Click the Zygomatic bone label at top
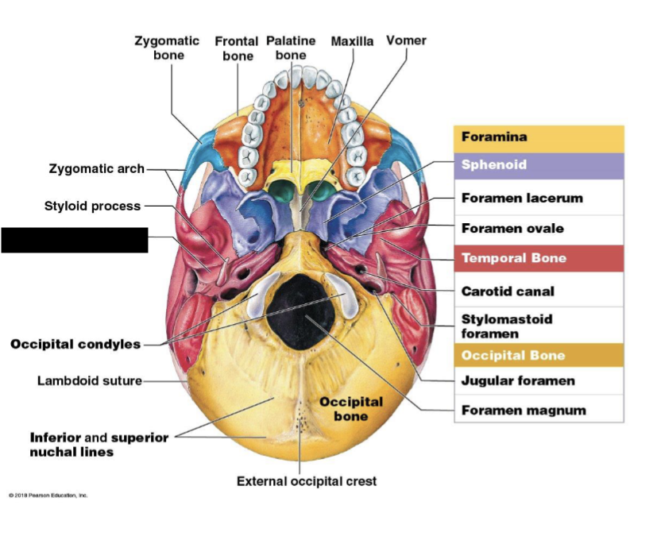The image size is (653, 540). tap(167, 48)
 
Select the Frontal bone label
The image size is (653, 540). tap(237, 48)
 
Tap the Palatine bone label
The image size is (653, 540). tap(291, 48)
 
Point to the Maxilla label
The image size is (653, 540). tap(352, 41)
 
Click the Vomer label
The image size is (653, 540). tap(406, 40)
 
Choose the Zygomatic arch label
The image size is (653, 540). tap(97, 168)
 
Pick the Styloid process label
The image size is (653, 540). tap(92, 206)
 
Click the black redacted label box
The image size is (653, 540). tap(75, 240)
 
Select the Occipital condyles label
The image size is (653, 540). tap(75, 344)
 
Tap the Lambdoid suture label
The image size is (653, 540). tap(90, 380)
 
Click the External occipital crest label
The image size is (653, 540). tap(307, 480)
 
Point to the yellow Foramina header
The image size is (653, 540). tap(538, 137)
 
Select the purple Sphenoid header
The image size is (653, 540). tap(538, 165)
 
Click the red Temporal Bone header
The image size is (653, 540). tap(538, 258)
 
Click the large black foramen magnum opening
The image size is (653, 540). tap(298, 307)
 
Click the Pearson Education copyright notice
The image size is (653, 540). tap(48, 495)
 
